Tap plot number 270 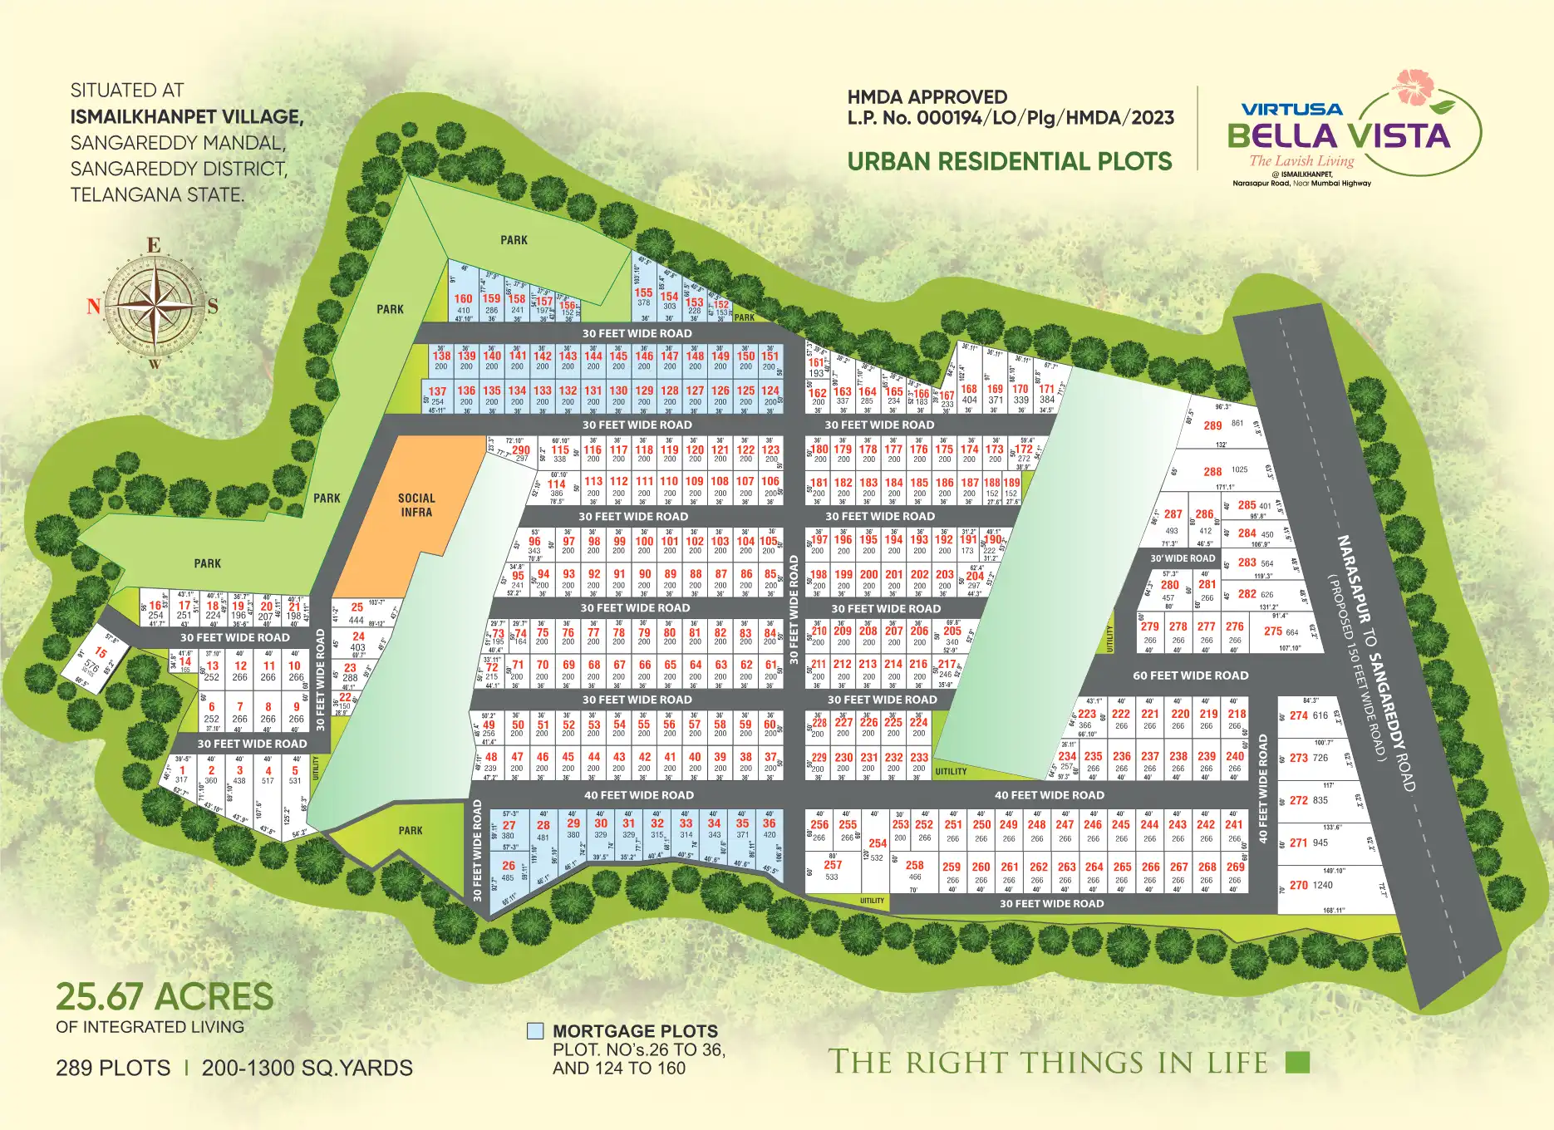1299,885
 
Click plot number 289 1212,425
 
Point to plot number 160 463,299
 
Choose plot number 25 357,607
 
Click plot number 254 878,843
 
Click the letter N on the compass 94,307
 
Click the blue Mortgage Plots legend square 535,1032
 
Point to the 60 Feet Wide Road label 1190,676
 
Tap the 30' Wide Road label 1183,558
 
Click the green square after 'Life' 1297,1062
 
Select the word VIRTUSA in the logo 1291,109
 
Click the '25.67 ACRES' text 165,996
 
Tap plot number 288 1212,471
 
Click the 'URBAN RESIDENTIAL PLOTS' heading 1010,161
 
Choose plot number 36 770,823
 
